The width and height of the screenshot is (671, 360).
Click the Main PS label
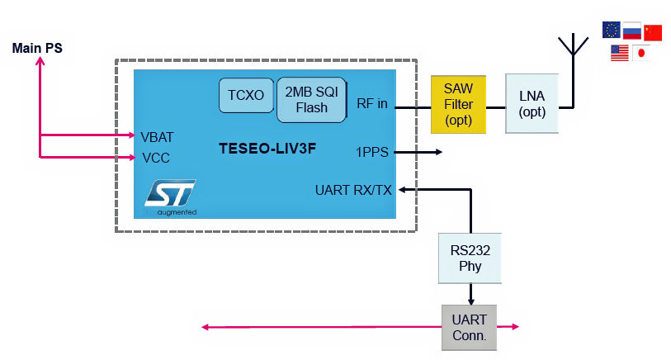37,48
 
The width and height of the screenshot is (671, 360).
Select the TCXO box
246,96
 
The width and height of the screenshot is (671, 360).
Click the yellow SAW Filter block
458,104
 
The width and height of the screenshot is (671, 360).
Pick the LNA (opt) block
532,104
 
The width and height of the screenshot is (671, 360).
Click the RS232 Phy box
470,258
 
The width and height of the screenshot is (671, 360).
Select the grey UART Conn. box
470,327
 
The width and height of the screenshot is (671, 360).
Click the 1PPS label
372,152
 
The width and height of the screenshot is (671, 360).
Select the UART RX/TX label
353,191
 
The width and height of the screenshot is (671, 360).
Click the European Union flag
612,31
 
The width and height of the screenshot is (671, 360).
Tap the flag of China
653,31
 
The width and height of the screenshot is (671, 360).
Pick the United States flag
620,53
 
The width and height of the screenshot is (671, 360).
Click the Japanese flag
641,53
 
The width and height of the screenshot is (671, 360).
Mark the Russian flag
632,31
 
